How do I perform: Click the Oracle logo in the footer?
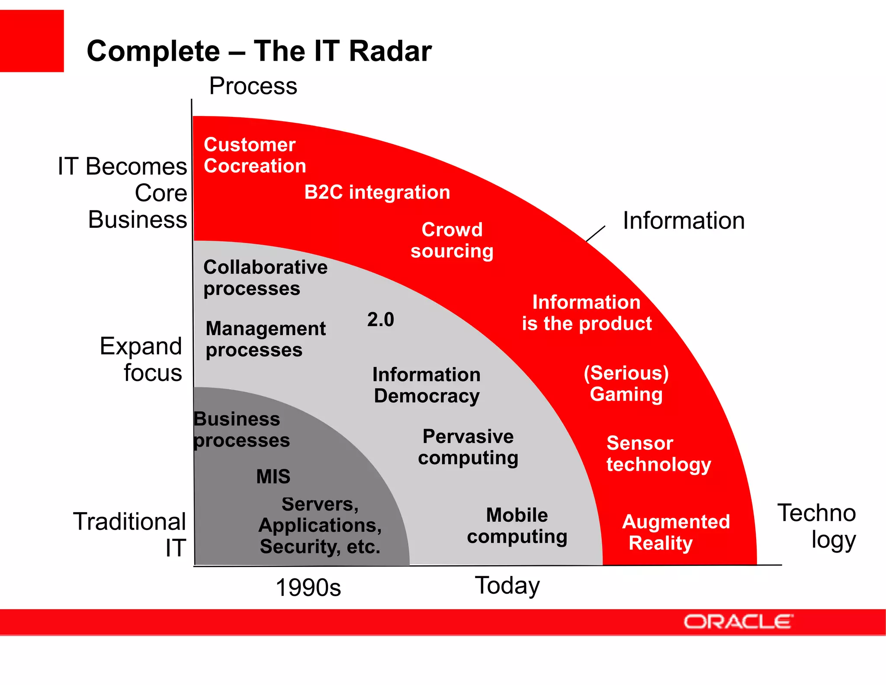click(738, 622)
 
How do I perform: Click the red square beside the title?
click(32, 41)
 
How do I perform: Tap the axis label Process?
click(253, 86)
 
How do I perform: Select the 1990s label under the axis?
click(308, 588)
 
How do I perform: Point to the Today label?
click(507, 585)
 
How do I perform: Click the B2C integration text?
click(377, 192)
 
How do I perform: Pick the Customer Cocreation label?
click(254, 155)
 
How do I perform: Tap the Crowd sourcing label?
click(452, 240)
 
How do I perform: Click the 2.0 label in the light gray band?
click(380, 320)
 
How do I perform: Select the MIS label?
click(273, 476)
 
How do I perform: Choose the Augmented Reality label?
click(675, 532)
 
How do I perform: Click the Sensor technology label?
click(658, 453)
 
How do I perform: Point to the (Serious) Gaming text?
click(626, 384)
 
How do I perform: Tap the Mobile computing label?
click(517, 526)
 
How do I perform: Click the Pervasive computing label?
click(468, 447)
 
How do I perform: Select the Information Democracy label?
click(427, 385)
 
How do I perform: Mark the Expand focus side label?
click(141, 359)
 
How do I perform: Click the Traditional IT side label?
click(130, 534)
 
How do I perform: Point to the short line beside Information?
click(595, 234)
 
